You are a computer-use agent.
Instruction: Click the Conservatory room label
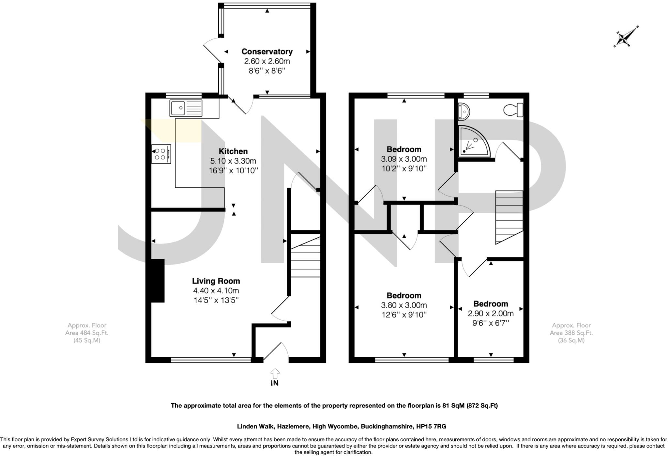point(267,51)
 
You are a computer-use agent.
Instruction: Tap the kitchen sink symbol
point(186,108)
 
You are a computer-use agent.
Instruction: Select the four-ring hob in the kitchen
point(161,154)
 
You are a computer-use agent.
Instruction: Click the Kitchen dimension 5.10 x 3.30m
point(233,161)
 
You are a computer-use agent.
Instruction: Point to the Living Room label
point(216,281)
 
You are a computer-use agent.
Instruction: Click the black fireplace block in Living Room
point(158,281)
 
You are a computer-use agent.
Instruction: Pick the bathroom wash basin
point(463,110)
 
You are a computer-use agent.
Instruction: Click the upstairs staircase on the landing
point(509,216)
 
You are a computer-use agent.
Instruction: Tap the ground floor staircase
point(305,257)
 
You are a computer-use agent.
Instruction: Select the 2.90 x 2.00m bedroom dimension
point(491,314)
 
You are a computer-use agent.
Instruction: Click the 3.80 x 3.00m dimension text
point(404,305)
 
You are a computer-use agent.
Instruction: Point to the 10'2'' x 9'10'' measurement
point(404,169)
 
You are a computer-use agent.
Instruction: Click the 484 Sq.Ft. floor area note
point(87,333)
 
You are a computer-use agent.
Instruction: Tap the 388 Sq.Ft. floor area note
point(571,333)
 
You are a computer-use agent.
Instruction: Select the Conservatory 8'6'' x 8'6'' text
point(267,71)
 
